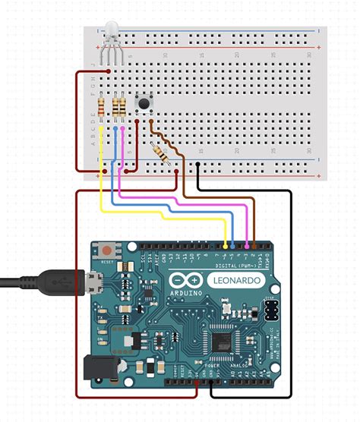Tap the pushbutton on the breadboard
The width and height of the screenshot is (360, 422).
142,102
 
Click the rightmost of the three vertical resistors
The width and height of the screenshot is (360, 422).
124,108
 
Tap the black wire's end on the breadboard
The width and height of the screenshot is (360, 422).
198,162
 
